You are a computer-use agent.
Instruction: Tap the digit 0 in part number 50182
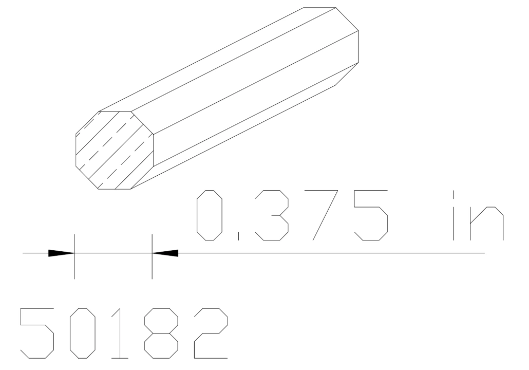[x=83, y=333]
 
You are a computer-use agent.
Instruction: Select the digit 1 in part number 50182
[x=119, y=333]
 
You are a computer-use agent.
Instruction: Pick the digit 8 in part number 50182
[x=161, y=333]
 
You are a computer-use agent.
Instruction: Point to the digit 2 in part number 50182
[x=211, y=333]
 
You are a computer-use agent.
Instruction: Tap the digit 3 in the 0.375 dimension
[x=272, y=215]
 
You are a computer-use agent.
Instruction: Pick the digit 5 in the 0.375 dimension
[x=371, y=215]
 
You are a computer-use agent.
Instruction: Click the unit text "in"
[x=478, y=215]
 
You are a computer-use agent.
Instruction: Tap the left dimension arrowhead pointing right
[x=61, y=253]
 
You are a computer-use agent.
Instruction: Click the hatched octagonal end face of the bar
[x=114, y=150]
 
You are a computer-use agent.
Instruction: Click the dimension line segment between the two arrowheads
[x=114, y=253]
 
